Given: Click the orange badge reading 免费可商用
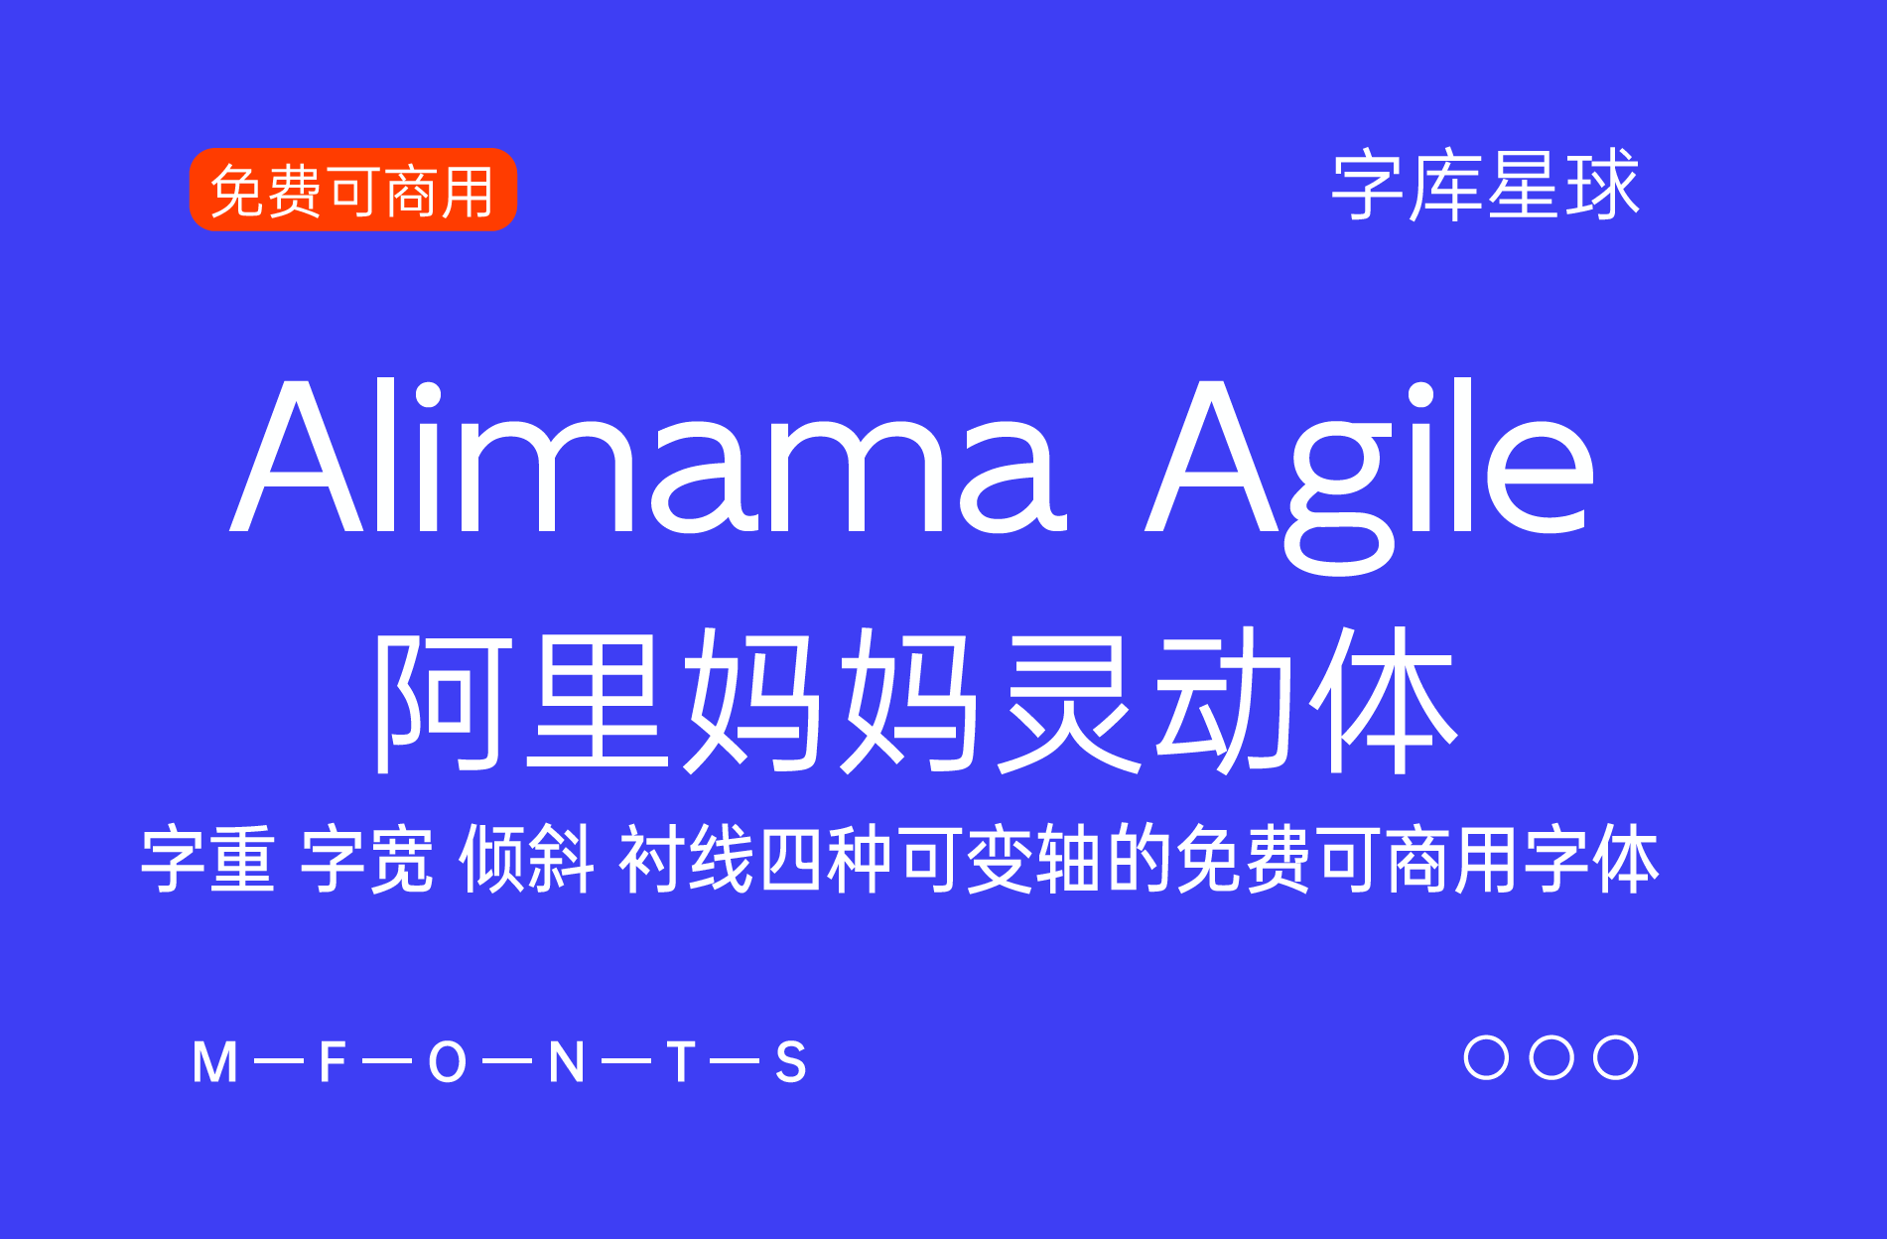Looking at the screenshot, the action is pos(353,190).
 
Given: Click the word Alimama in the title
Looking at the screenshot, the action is pos(648,457).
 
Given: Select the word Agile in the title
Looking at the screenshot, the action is pos(1370,477).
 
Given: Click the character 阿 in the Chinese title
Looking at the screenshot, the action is pos(443,701).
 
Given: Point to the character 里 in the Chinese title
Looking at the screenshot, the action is pos(597,701).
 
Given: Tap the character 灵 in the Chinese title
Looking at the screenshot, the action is pos(1068,701).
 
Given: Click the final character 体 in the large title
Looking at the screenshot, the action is pos(1384,701).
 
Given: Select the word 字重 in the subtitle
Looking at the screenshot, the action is pos(207,859).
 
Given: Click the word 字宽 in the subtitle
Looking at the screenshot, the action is pos(366,859).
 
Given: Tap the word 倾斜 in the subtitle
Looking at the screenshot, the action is pos(526,859).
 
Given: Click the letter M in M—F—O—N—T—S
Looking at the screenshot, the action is pos(215,1062).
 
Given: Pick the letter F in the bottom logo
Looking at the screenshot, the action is pos(332,1062).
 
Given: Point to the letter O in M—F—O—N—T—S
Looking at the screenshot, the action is pos(448,1062).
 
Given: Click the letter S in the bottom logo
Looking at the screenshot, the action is pos(790,1062).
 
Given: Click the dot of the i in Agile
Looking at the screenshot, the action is pos(1421,394).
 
